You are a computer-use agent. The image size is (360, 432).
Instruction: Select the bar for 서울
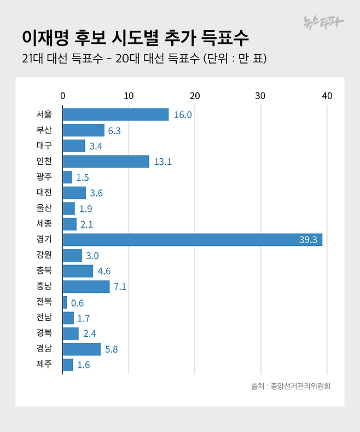(x=115, y=114)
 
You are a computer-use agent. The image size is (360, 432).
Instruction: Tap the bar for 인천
(x=106, y=162)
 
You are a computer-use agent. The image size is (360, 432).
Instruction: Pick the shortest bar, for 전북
(x=65, y=303)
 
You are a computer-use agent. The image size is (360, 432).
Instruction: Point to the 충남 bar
(x=86, y=287)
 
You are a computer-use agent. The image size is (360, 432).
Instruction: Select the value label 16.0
(x=183, y=115)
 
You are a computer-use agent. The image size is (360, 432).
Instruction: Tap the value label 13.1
(x=162, y=162)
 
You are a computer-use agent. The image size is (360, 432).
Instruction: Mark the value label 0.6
(x=77, y=303)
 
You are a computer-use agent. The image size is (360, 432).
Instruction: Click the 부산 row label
(x=44, y=130)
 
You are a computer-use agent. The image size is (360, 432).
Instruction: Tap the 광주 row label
(x=44, y=177)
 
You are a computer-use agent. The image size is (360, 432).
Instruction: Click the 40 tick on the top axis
(x=327, y=96)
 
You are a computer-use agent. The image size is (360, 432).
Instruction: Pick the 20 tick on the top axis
(x=195, y=96)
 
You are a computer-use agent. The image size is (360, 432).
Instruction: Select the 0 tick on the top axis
(x=63, y=96)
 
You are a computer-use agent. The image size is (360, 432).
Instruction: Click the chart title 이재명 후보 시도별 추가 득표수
(x=135, y=38)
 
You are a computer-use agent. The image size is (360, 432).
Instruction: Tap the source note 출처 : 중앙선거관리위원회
(x=291, y=386)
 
